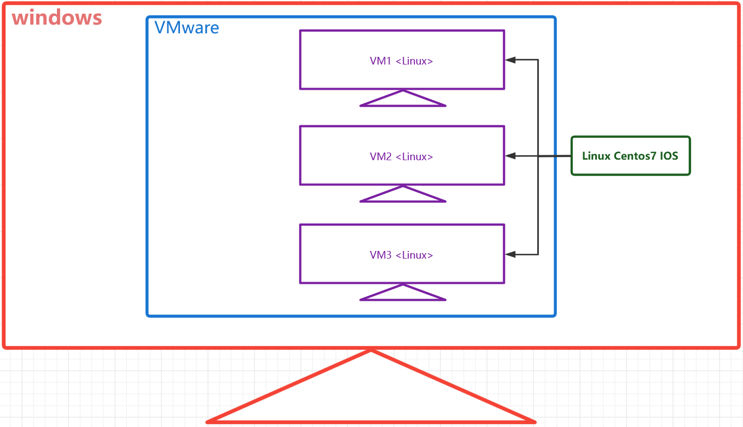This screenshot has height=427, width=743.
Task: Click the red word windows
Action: tap(57, 17)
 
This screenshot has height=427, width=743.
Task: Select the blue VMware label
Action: tap(187, 27)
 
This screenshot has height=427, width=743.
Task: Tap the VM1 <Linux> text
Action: tap(401, 61)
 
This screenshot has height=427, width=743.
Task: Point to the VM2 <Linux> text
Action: tap(401, 157)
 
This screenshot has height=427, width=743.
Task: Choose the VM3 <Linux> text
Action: tap(401, 255)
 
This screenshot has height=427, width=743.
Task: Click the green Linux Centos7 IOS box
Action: tap(630, 156)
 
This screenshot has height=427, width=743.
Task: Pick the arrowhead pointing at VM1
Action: tap(510, 60)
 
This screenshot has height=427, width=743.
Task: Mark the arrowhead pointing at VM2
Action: tap(510, 156)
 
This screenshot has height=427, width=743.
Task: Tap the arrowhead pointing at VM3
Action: tap(510, 254)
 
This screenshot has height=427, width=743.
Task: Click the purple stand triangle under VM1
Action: tap(403, 100)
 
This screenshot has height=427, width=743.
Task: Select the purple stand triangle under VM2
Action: tap(403, 195)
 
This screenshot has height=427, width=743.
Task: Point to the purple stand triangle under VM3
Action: tap(403, 294)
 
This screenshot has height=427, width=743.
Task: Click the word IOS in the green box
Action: tap(668, 156)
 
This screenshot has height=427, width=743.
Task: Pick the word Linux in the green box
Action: tap(596, 156)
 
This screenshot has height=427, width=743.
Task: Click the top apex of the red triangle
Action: tap(371, 350)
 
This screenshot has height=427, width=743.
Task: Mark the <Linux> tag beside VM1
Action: tap(414, 61)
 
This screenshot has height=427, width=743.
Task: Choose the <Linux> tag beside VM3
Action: tap(414, 255)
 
